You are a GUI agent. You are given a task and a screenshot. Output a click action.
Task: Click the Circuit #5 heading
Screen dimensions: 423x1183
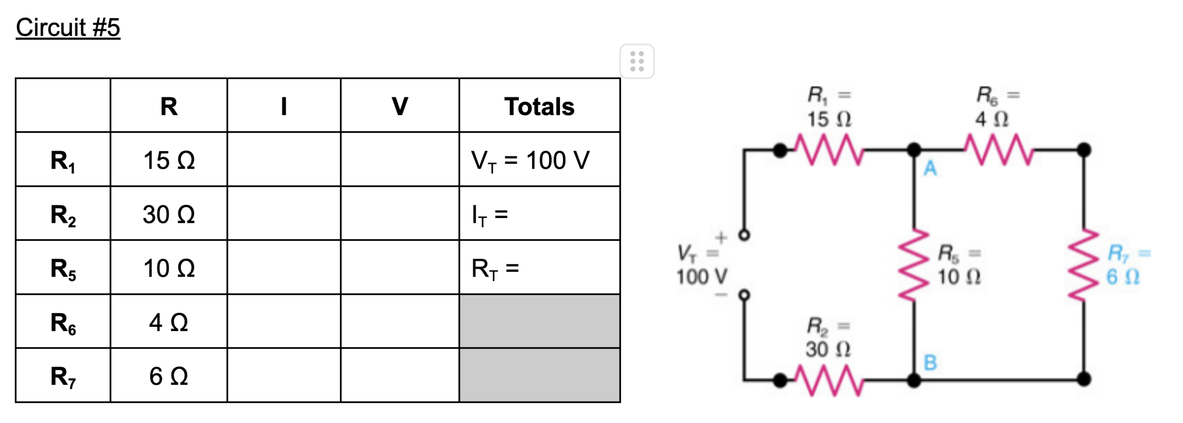(x=68, y=28)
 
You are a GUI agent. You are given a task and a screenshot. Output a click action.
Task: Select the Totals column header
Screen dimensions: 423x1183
(x=539, y=107)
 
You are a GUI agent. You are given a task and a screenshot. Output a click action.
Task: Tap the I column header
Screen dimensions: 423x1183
(x=284, y=107)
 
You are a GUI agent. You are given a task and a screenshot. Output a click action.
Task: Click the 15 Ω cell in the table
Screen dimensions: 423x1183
(x=169, y=160)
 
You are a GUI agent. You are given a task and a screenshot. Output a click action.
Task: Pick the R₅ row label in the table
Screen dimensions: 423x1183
(x=63, y=268)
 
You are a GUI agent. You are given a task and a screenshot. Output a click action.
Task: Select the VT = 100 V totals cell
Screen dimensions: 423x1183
(x=530, y=160)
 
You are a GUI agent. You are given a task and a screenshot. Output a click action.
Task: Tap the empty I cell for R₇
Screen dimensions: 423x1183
(x=284, y=376)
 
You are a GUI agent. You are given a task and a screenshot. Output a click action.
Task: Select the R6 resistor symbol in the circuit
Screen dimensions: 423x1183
(x=998, y=149)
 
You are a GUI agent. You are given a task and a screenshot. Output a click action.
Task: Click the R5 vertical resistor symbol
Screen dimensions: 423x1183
(x=914, y=265)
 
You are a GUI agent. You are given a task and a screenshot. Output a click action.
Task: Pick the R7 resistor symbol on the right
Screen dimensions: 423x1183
(x=1084, y=265)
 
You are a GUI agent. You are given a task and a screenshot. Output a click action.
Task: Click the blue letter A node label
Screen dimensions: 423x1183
(x=930, y=169)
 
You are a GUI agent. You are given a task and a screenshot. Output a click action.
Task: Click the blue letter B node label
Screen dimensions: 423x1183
(x=930, y=362)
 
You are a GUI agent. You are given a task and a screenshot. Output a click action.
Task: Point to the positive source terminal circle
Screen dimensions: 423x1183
(x=744, y=235)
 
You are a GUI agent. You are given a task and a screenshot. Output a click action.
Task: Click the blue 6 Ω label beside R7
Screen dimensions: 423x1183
(x=1122, y=277)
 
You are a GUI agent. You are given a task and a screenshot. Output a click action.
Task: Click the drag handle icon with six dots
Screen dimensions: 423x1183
(x=637, y=62)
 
